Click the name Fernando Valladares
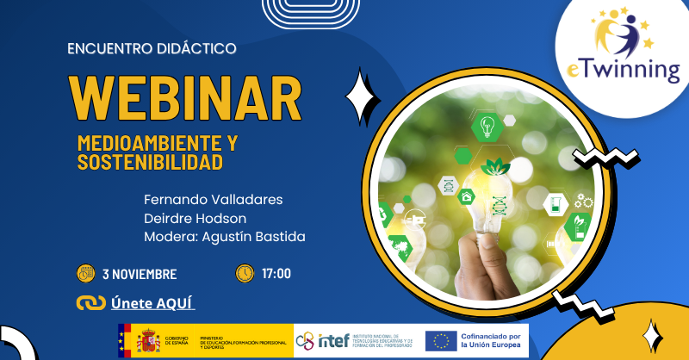[213, 200]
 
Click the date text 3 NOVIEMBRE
[140, 275]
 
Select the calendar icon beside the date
[86, 274]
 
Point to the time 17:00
[276, 275]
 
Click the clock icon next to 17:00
[245, 274]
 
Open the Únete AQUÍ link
[153, 303]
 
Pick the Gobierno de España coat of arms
[148, 340]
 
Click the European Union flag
[441, 341]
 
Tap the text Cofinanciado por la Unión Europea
[492, 340]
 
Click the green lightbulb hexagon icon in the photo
[487, 127]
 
